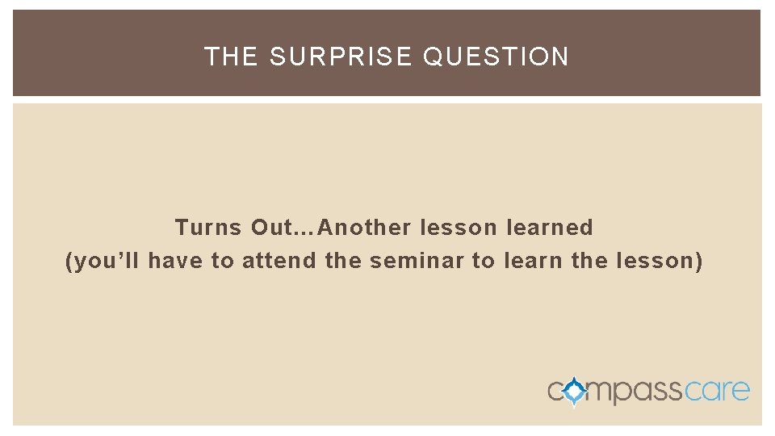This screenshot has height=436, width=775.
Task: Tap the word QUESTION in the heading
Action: [x=496, y=57]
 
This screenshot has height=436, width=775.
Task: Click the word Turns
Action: [x=208, y=228]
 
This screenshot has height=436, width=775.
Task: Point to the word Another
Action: [x=366, y=228]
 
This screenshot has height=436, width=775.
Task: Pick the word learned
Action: [x=549, y=228]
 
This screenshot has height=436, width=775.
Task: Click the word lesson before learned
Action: [x=457, y=228]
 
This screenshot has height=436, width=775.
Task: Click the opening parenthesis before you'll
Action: [x=69, y=262]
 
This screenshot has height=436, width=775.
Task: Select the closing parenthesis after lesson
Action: [x=698, y=262]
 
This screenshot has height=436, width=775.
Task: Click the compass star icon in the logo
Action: [x=575, y=392]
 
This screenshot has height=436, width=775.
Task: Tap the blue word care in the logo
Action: [x=718, y=392]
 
